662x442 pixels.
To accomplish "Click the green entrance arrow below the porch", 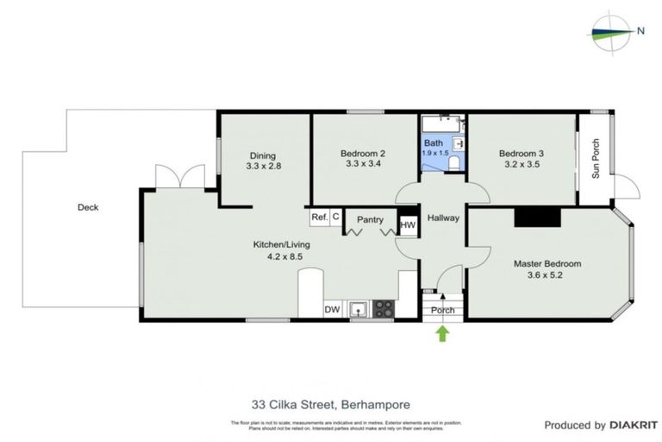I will click(442, 333).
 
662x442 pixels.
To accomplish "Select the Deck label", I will click(88, 207).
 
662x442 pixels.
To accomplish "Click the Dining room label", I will click(263, 156).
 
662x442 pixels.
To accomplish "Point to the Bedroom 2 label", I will click(363, 155).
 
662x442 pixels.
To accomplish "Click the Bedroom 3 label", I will click(521, 155).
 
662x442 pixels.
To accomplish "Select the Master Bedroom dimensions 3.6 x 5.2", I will click(547, 277).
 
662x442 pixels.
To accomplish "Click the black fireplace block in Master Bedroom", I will click(537, 218).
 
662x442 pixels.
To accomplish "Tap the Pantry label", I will click(370, 220).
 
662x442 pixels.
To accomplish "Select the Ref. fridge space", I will click(319, 217).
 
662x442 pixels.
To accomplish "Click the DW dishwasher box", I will click(332, 309).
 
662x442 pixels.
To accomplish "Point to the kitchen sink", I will click(358, 308).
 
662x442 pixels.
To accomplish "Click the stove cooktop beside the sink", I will click(382, 308).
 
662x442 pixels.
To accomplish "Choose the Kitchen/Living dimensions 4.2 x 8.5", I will click(280, 256).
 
